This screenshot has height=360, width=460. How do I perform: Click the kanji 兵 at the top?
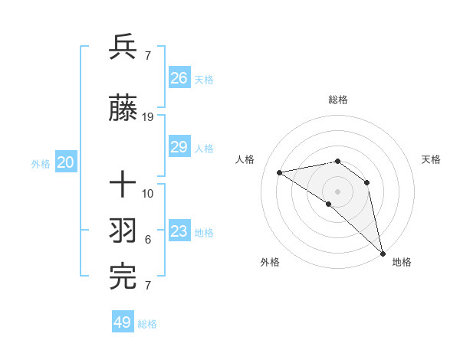point(123,47)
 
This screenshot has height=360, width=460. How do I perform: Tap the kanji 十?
point(123,185)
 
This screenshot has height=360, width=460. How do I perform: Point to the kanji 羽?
point(123,231)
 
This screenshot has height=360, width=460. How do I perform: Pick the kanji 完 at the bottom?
point(123,277)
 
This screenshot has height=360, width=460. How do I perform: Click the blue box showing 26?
point(179,77)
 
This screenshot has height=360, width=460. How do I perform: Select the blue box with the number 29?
point(179,147)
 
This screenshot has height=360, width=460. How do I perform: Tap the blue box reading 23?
point(179,231)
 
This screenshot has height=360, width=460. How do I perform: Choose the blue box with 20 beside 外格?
point(65,162)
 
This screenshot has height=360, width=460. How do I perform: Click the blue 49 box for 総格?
point(123,322)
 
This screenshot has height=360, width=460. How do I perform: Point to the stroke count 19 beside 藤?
point(148,117)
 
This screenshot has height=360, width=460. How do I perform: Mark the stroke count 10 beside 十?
point(148,193)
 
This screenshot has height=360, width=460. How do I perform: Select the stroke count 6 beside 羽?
point(148,240)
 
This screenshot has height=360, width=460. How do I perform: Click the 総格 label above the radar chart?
point(338,100)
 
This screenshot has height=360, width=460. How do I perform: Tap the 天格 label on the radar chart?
point(432,159)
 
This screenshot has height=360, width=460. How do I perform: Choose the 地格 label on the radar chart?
point(402,262)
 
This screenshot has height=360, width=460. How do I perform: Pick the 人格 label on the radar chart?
point(245,159)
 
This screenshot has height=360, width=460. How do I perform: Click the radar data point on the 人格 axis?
point(279,172)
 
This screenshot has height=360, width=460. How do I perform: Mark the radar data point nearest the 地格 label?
point(382,253)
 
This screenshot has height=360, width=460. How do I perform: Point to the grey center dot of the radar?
point(337,191)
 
